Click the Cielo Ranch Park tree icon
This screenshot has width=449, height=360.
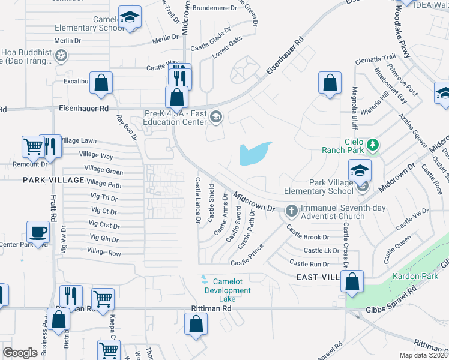373,144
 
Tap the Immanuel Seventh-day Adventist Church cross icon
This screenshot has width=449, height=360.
292,211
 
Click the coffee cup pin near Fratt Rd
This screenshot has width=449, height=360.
38,232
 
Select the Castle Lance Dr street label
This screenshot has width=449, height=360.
197,200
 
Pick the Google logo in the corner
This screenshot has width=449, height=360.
20,353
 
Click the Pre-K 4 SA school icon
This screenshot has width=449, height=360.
215,117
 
